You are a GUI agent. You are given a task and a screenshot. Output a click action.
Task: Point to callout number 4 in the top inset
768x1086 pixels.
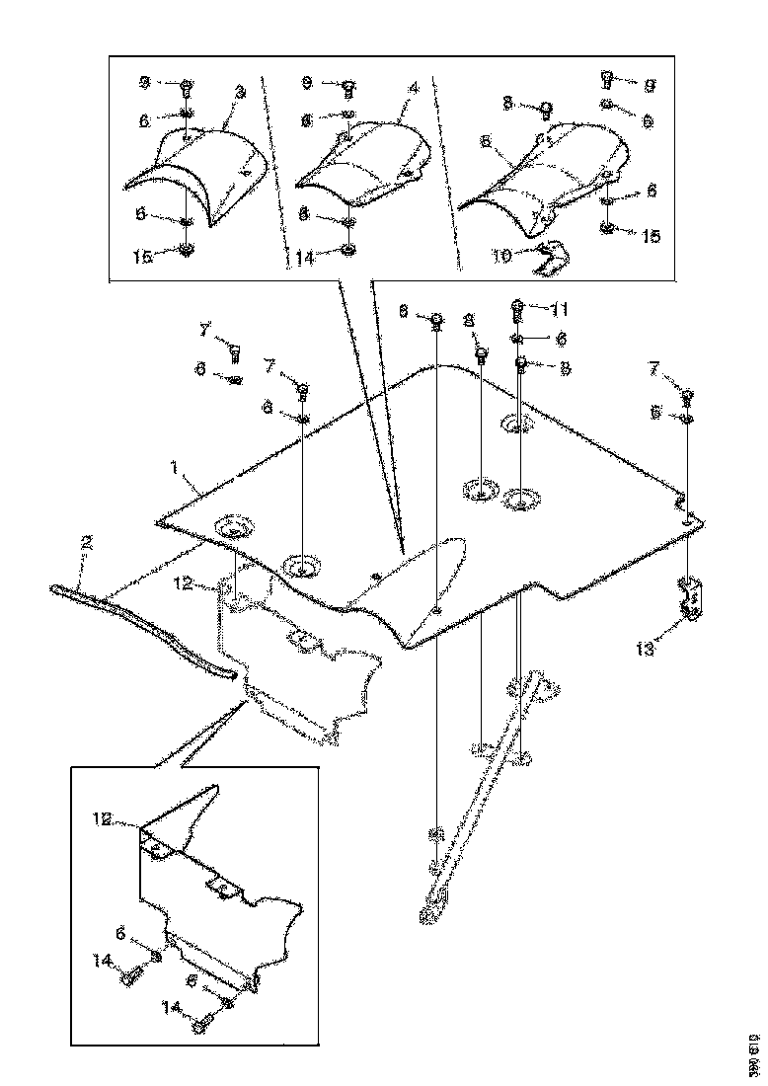coord(413,88)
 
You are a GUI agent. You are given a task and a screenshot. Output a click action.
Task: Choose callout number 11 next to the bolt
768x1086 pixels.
coord(559,309)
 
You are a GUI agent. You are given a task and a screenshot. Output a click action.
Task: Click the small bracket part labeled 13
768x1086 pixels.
coord(691,598)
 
